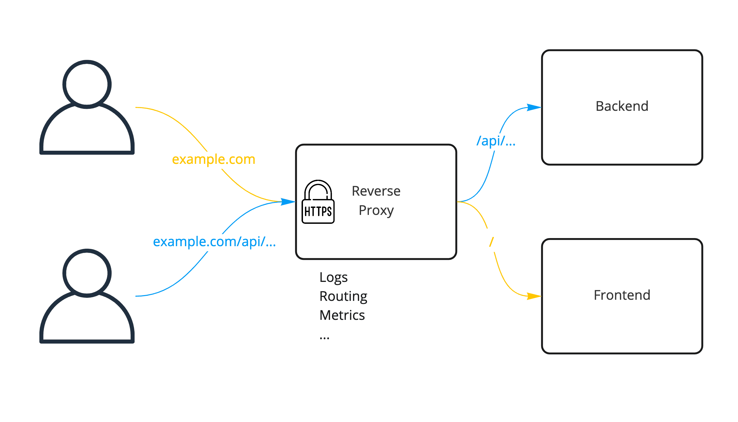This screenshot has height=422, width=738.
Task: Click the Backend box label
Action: (622, 106)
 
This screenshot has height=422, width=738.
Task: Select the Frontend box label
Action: (622, 295)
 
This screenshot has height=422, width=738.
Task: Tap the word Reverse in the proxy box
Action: (376, 191)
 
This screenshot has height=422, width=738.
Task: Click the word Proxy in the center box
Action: (376, 210)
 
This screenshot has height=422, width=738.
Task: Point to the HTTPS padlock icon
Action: (318, 203)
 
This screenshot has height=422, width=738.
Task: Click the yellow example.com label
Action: (213, 159)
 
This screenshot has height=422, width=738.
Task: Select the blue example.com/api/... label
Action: (214, 241)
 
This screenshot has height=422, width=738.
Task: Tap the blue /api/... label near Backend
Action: (496, 141)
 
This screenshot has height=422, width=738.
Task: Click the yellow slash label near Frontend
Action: (491, 241)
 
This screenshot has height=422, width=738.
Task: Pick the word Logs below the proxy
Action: (333, 277)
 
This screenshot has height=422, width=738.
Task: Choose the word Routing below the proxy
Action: (343, 296)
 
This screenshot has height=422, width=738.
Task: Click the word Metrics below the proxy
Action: (342, 315)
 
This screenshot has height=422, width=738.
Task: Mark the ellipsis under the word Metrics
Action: (324, 338)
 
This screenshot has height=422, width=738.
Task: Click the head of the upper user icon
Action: (87, 84)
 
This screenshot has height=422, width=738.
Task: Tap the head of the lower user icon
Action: (87, 273)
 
